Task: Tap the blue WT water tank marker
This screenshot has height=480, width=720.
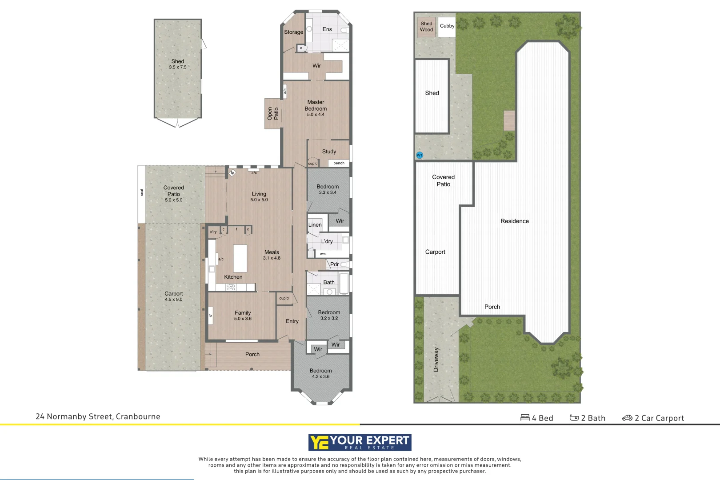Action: coord(420,155)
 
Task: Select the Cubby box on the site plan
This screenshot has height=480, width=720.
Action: coord(447,26)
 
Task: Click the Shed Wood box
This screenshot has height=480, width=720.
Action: coord(426,27)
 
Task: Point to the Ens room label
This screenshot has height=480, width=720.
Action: coord(327,29)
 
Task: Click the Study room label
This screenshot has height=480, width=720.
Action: coord(329,152)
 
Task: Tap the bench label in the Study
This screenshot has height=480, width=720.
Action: coord(339,163)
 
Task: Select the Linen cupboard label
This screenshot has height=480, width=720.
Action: coord(315,225)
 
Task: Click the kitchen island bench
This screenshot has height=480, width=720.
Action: coord(240,258)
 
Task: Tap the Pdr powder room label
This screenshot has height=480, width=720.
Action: coord(334,264)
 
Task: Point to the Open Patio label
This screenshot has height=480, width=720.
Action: coord(272,114)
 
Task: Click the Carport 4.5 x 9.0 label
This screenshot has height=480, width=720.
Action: coord(173,296)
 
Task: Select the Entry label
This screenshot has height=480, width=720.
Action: coord(292,321)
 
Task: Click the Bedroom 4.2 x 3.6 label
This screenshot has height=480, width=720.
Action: coord(320,373)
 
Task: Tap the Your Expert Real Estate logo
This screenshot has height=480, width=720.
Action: coord(360,442)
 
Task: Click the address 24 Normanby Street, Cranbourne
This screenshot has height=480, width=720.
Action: coord(98,417)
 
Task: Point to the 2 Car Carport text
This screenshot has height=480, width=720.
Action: coord(659,418)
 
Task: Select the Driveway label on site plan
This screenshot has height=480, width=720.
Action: coord(436,360)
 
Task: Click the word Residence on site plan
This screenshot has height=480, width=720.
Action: coord(514,221)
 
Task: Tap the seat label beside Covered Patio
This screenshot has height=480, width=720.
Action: coord(142,192)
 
